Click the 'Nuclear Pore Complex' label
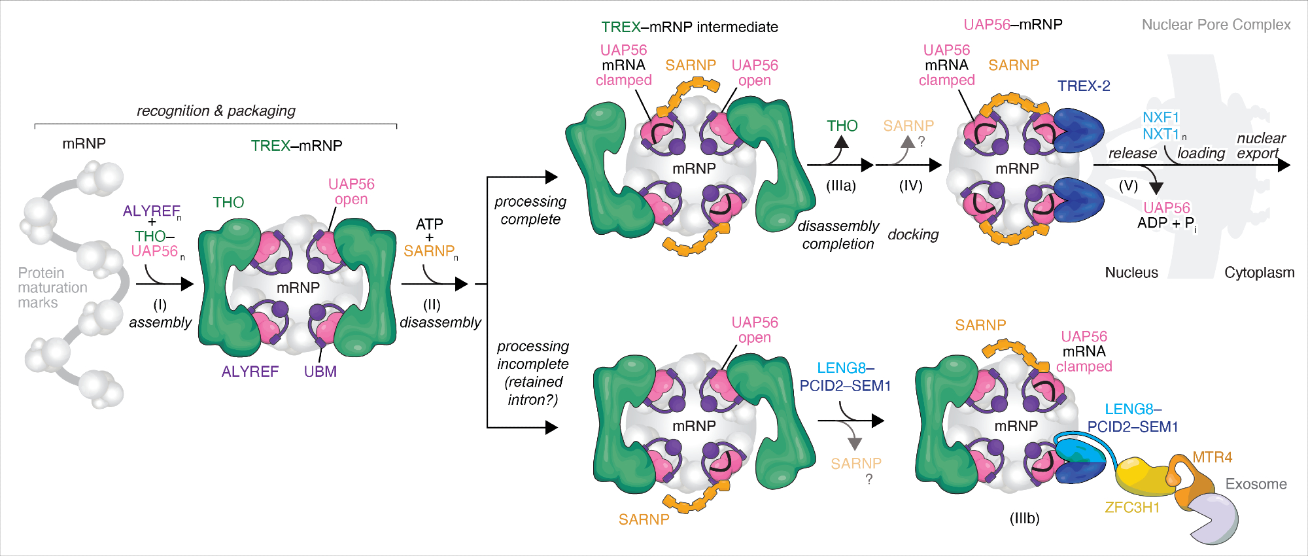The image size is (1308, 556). coord(1216,25)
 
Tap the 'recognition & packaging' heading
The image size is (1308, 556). coord(216,111)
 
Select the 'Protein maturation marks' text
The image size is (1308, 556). coord(52,288)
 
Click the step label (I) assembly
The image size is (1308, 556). coord(160,314)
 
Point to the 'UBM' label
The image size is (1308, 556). coord(320,372)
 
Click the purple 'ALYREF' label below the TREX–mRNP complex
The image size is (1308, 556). coord(250,372)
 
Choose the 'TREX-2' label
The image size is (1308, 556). coord(1084,86)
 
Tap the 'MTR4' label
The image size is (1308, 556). coord(1212,457)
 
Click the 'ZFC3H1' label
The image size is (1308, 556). coord(1132,508)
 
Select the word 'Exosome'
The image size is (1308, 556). coord(1256,484)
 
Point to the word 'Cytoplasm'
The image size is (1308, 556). coord(1259,273)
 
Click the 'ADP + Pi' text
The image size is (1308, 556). coord(1166,223)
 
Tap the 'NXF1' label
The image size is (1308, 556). coord(1161,118)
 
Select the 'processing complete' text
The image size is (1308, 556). coord(530,211)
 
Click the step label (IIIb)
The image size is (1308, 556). coord(1024,519)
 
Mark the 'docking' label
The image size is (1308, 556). coord(913,235)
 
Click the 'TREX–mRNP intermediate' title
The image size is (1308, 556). coord(689,27)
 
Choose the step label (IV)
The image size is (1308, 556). coord(910,186)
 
